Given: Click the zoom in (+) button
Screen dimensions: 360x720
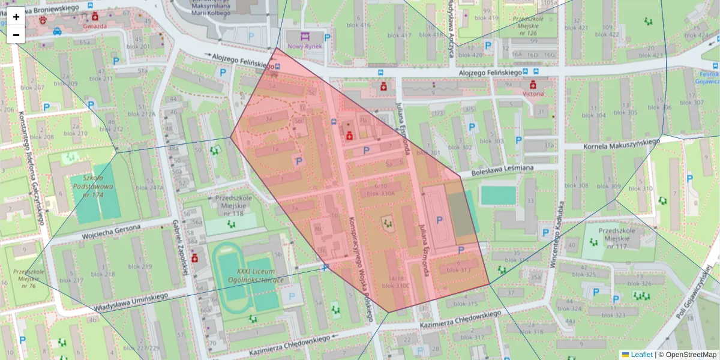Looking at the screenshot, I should click(x=16, y=16).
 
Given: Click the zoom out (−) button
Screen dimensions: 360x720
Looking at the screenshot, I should click(x=16, y=35).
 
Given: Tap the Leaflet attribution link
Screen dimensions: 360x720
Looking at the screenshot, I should click(x=641, y=355).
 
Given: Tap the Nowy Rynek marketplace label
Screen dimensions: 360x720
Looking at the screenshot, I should click(x=305, y=46).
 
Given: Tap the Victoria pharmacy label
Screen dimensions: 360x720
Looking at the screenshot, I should click(x=533, y=94).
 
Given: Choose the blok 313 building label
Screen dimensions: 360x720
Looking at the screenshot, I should click(x=459, y=269).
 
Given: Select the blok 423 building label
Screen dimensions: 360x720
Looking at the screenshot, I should click(x=651, y=55).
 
